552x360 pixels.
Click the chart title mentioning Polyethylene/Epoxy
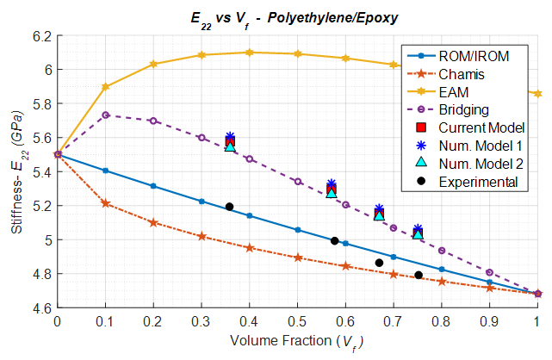[296, 16]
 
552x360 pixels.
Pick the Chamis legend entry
[461, 74]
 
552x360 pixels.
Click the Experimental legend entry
[477, 182]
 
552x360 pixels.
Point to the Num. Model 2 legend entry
[480, 164]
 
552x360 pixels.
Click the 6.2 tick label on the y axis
[40, 36]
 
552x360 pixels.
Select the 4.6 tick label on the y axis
[40, 307]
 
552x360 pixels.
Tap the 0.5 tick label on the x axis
[297, 321]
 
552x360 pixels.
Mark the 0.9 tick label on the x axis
[489, 321]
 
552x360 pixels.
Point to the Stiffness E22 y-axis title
[14, 172]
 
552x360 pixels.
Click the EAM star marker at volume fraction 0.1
[106, 86]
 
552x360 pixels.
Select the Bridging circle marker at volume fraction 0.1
[106, 115]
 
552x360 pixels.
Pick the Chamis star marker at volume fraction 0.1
[106, 203]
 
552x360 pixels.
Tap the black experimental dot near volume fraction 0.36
[229, 207]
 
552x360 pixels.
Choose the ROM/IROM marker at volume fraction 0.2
[153, 186]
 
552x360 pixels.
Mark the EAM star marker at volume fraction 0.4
[250, 53]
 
